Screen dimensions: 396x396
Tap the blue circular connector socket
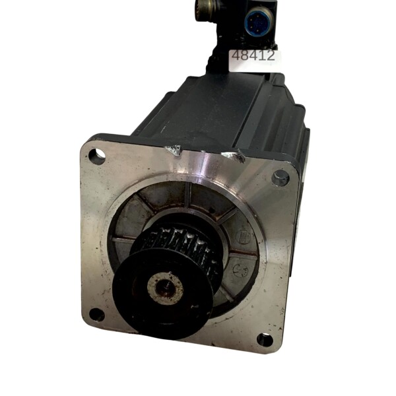(259, 22)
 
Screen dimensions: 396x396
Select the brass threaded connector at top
(206, 8)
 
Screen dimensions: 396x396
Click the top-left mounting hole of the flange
(97, 154)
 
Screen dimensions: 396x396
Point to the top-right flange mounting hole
(280, 178)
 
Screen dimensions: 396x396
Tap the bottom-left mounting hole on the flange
(97, 315)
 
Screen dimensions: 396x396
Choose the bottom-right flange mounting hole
(265, 340)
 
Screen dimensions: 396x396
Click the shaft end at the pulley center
(165, 287)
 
